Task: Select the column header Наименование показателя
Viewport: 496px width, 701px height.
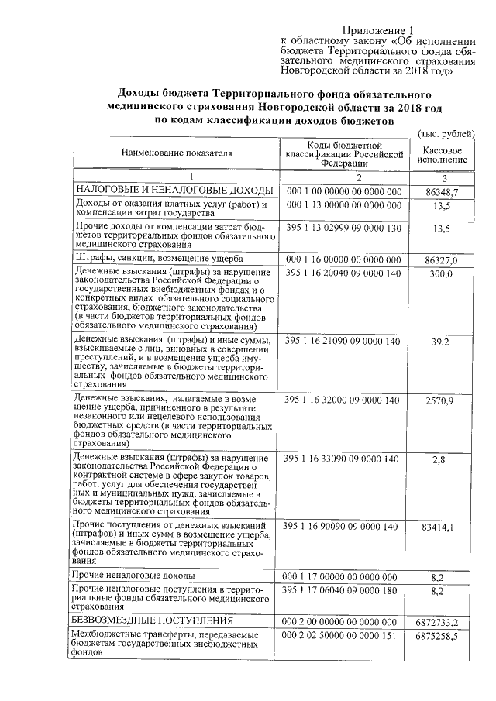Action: pos(176,153)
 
